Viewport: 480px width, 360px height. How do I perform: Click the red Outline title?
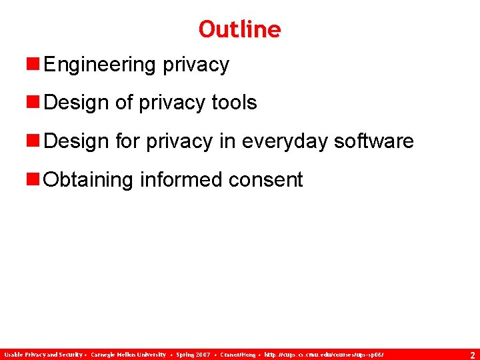click(x=239, y=29)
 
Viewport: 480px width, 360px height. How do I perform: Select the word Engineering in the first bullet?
click(x=99, y=65)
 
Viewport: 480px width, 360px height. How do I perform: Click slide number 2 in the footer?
click(x=472, y=355)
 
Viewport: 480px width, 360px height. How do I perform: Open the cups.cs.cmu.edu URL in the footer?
click(x=324, y=355)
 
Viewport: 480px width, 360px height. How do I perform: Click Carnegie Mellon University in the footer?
click(x=129, y=355)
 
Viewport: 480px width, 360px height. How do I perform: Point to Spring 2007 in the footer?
click(x=193, y=355)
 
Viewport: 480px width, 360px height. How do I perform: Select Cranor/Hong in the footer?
click(x=237, y=355)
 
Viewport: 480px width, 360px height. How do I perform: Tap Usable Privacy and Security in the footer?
click(x=43, y=355)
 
